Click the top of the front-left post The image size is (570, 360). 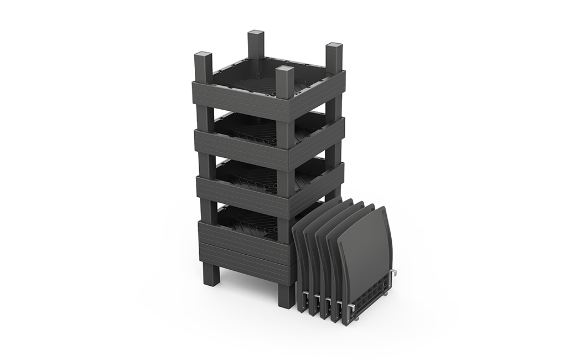[x=203, y=56]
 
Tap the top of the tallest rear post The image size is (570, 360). [x=256, y=34]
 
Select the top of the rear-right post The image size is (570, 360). [x=334, y=47]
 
